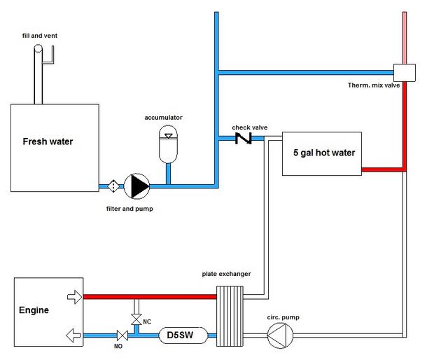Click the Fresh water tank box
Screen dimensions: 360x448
(x=53, y=147)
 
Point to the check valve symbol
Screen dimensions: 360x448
(x=243, y=138)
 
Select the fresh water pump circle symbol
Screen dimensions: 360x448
(x=136, y=186)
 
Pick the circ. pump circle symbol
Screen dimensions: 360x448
(x=279, y=337)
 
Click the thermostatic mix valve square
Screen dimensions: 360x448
(x=405, y=71)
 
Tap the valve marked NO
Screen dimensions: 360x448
(x=122, y=336)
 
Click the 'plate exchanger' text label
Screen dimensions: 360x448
(x=225, y=274)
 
